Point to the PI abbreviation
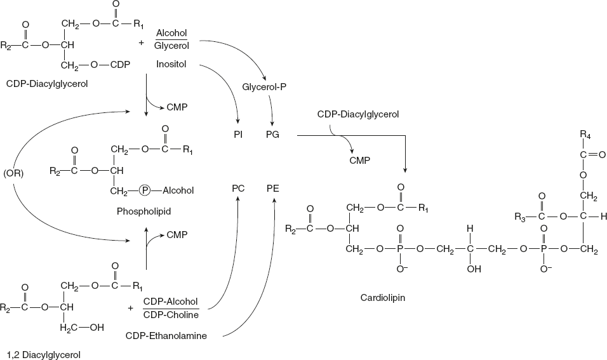pyautogui.click(x=238, y=135)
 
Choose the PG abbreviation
pyautogui.click(x=273, y=135)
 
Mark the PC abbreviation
pyautogui.click(x=238, y=189)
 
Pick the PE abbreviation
pyautogui.click(x=274, y=189)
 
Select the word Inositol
pyautogui.click(x=171, y=64)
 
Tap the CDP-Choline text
pyautogui.click(x=171, y=314)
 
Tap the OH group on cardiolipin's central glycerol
pyautogui.click(x=470, y=269)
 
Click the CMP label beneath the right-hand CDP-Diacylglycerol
pyautogui.click(x=359, y=161)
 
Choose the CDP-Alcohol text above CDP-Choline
pyautogui.click(x=171, y=301)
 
